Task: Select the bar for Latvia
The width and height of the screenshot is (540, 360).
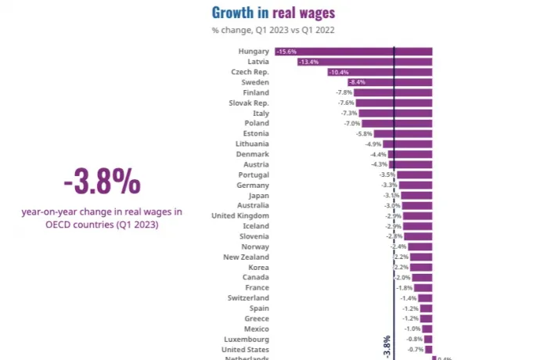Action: coord(365,62)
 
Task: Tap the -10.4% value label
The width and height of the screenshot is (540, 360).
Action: coord(338,72)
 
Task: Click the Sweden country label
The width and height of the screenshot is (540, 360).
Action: coord(256,82)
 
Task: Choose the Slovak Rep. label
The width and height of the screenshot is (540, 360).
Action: coord(249,103)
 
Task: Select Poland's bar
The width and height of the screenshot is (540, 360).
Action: coord(397,124)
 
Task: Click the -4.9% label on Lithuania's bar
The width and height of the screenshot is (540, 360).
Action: coord(373,144)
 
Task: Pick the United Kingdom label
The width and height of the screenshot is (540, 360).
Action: coord(240,216)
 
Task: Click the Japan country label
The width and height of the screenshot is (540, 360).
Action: coord(257,196)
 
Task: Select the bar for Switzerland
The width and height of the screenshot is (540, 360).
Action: coord(425,298)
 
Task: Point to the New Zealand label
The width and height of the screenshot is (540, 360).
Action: coord(246,257)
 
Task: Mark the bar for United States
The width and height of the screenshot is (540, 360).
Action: coord(428,350)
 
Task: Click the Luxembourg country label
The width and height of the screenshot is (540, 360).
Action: coord(247,340)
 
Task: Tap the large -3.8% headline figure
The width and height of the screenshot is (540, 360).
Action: coord(102,183)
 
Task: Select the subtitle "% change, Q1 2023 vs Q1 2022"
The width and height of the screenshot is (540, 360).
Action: coord(273,31)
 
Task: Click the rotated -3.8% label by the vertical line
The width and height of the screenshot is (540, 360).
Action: coord(387,346)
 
